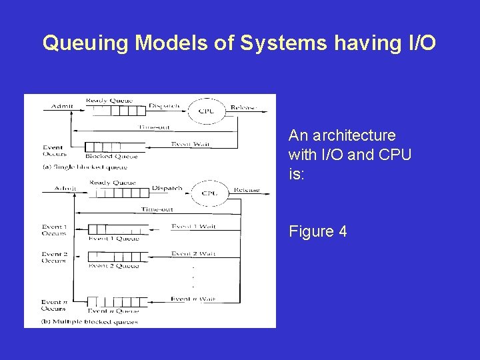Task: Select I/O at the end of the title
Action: [419, 43]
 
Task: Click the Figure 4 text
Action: [317, 231]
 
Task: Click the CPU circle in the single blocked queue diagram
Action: [206, 110]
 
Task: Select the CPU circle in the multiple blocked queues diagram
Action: [209, 193]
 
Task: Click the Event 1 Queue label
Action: [114, 239]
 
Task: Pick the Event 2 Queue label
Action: [114, 266]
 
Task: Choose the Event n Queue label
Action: [114, 311]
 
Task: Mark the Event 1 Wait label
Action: [193, 227]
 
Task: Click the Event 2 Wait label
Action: [193, 254]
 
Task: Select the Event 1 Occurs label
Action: [54, 231]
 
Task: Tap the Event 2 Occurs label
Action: [54, 257]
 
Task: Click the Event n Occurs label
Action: [53, 305]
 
